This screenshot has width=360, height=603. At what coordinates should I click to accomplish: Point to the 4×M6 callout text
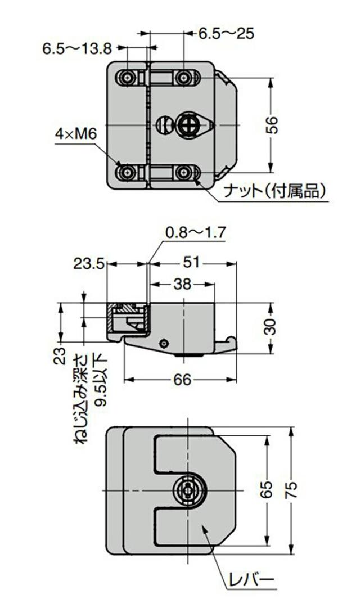tap(76, 134)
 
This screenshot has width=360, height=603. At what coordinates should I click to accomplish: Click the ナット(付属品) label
tap(275, 192)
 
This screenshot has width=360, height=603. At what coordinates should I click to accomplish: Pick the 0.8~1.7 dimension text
tap(195, 231)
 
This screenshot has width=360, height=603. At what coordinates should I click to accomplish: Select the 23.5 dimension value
tap(89, 263)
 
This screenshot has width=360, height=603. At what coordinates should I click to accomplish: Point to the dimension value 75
tap(292, 490)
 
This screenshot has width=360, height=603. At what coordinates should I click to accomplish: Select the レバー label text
tap(251, 580)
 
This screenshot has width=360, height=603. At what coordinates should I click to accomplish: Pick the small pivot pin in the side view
tap(164, 343)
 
